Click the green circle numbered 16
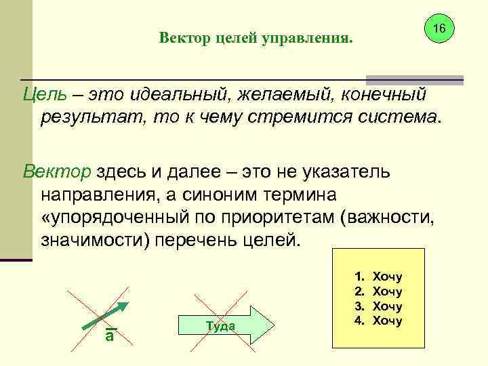click(439, 29)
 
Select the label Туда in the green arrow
click(219, 326)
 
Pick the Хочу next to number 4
click(388, 320)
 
